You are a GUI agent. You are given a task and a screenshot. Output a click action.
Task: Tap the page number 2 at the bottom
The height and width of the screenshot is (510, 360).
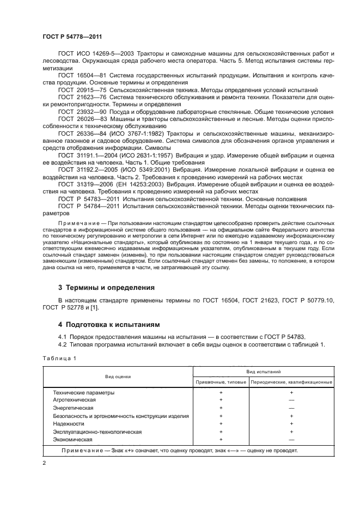[x=44, y=462]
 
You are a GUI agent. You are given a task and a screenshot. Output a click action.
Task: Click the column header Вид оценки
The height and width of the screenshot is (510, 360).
[x=118, y=377]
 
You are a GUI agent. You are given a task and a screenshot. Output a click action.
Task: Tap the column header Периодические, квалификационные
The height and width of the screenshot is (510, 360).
[x=291, y=382]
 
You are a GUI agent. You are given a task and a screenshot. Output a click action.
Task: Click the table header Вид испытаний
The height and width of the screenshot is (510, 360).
[x=264, y=372]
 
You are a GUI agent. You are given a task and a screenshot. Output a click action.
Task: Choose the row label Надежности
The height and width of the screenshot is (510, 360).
[x=69, y=423]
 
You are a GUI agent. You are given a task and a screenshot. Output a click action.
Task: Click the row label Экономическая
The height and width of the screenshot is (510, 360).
[x=72, y=439]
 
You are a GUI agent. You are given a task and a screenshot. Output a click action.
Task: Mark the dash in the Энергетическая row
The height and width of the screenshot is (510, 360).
[x=291, y=408]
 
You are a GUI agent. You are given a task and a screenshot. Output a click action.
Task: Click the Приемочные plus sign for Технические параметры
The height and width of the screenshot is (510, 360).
[x=221, y=392]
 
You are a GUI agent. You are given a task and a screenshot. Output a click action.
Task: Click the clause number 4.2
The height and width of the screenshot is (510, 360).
[x=63, y=344]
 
